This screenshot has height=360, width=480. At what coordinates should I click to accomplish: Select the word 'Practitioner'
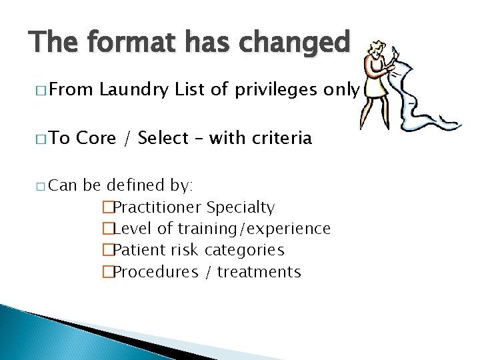point(158,207)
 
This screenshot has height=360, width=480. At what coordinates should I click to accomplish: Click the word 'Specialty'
point(241,207)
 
